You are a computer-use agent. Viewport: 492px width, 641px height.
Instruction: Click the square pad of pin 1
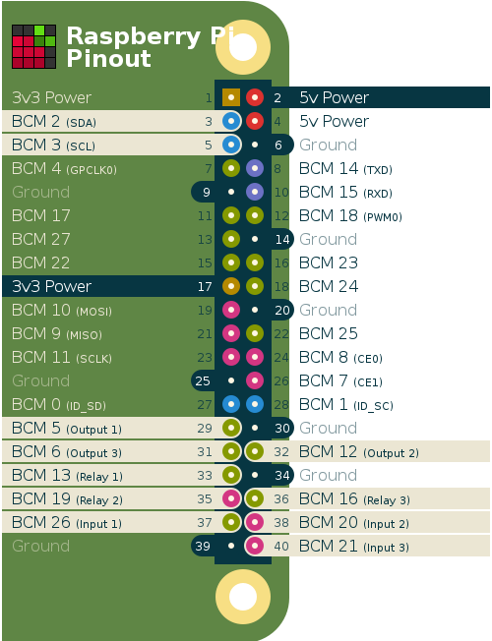(x=231, y=97)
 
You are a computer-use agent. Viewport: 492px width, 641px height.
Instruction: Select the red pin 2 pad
(x=255, y=97)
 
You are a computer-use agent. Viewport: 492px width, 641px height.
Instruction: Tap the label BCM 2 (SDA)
(x=54, y=121)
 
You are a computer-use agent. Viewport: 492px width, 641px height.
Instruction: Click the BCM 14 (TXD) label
(x=345, y=168)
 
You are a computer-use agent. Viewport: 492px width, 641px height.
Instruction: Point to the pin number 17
(x=205, y=286)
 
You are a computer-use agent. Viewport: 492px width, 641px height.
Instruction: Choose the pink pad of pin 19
(x=231, y=310)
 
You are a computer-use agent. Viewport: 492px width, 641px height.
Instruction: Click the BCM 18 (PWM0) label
(x=350, y=216)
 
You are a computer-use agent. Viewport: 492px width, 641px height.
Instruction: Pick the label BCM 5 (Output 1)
(x=67, y=428)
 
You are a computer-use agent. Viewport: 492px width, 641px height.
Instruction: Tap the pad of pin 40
(x=255, y=546)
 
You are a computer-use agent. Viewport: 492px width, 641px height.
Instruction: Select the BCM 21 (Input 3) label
(x=354, y=547)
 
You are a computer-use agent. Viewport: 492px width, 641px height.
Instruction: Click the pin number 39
(x=203, y=547)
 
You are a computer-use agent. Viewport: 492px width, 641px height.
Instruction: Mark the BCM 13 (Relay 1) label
(x=67, y=476)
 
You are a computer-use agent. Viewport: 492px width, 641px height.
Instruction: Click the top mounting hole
(x=243, y=47)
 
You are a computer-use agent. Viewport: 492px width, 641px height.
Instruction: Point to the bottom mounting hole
(x=243, y=597)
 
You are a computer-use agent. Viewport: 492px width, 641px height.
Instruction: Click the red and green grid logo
(x=34, y=46)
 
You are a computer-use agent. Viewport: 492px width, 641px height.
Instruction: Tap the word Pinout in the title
(x=109, y=58)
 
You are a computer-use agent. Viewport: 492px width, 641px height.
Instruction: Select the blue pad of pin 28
(x=255, y=404)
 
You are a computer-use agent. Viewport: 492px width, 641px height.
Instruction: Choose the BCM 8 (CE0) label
(x=340, y=358)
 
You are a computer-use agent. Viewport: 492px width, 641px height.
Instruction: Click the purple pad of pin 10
(x=255, y=192)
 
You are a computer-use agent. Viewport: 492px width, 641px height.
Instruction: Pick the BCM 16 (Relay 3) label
(x=354, y=499)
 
